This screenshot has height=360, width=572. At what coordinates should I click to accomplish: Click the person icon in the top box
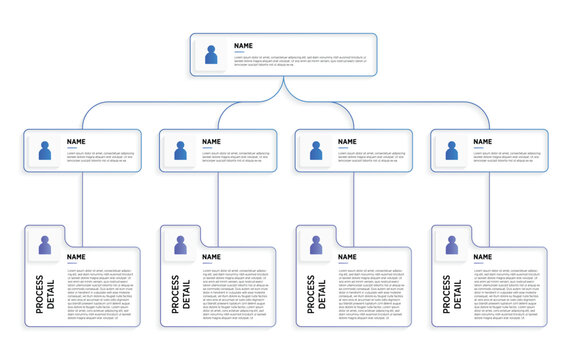pos(212,54)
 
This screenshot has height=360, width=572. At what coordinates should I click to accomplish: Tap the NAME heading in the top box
pos(243,46)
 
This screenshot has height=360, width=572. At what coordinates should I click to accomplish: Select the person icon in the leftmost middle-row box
pos(44,151)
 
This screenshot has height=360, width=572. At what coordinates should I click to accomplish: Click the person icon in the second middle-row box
pos(180,151)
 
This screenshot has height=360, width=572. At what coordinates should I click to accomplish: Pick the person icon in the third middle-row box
pos(316,151)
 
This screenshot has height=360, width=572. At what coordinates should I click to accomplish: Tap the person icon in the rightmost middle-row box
pos(452,151)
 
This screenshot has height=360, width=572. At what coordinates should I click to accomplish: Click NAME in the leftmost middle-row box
pos(76,142)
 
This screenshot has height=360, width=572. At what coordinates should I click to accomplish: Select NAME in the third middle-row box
pos(348,142)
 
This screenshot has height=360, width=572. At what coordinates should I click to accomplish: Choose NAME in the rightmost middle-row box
pos(483,142)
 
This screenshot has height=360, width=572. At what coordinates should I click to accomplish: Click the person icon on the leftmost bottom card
pos(44,245)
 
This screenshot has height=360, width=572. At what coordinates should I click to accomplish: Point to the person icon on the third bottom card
pos(316,245)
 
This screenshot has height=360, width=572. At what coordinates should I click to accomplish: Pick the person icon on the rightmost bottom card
pos(452,245)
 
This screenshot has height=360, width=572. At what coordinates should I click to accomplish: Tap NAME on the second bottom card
pos(212,257)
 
